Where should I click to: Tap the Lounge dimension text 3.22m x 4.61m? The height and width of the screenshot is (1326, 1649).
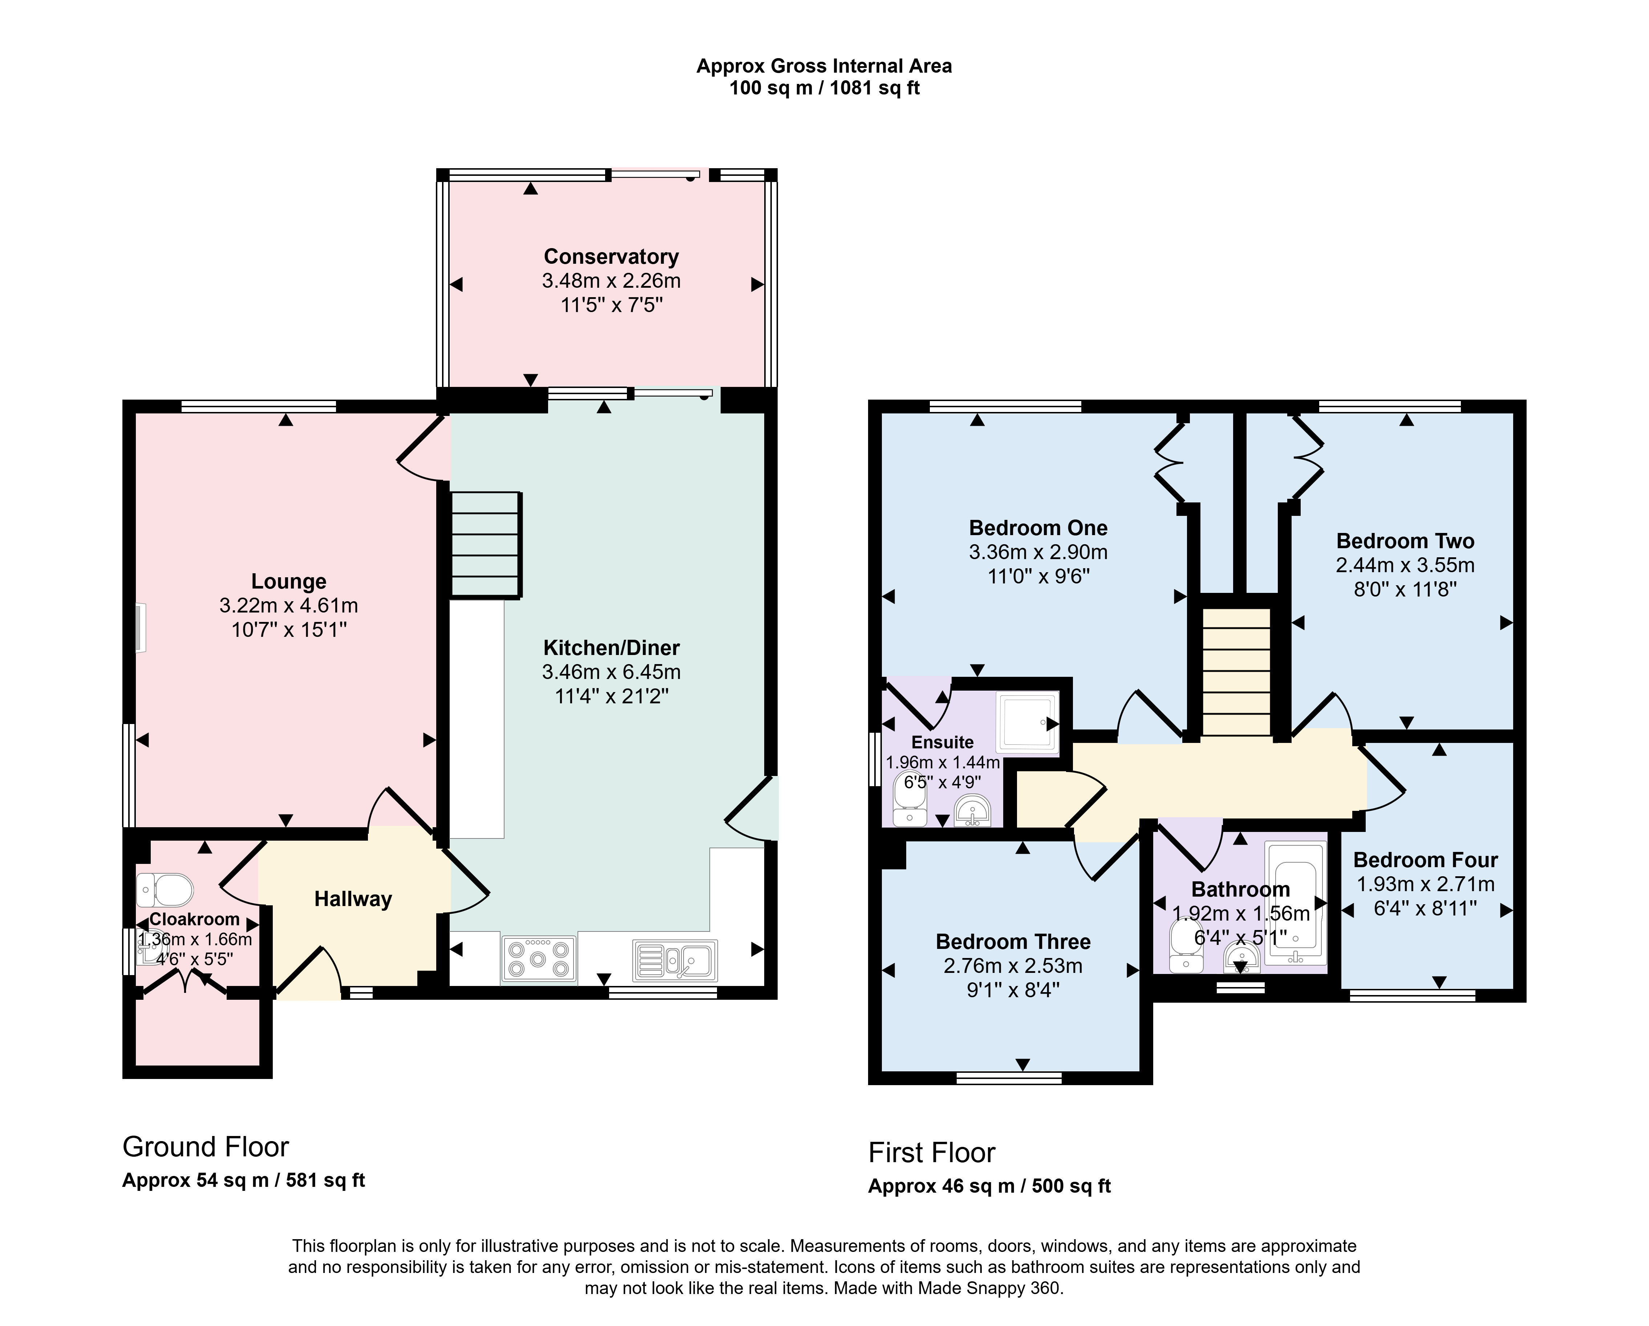[x=288, y=606]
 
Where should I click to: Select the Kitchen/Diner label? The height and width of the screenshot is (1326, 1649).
[x=611, y=648]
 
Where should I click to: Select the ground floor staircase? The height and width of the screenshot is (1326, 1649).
[x=486, y=544]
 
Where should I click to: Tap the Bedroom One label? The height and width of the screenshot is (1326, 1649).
[x=1038, y=528]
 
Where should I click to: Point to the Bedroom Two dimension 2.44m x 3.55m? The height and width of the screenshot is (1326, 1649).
[x=1405, y=565]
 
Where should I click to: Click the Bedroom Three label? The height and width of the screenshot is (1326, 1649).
[x=1013, y=942]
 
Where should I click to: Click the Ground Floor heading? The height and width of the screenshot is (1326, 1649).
[x=206, y=1147]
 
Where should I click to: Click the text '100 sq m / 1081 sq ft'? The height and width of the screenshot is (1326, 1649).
[x=824, y=88]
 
